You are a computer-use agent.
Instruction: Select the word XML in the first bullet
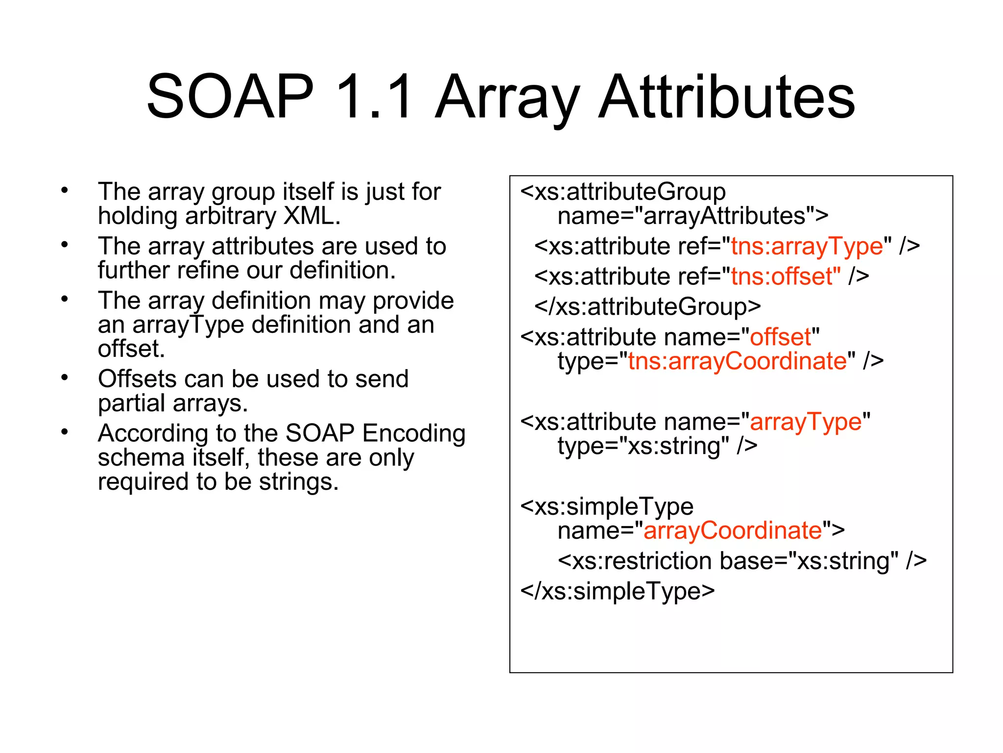311,216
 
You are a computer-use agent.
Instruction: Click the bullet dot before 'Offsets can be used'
65,378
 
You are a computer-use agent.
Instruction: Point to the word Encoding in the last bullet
414,433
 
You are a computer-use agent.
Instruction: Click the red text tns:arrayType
807,246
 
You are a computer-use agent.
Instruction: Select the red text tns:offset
786,276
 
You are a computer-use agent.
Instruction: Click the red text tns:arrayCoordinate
738,361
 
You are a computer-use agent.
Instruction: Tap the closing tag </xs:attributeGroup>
647,307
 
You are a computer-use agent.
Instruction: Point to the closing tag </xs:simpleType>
618,591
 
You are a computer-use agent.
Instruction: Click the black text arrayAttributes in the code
724,216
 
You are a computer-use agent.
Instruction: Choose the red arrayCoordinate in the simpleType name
732,531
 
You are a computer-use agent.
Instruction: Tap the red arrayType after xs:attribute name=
806,422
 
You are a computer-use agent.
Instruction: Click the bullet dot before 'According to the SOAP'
65,432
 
